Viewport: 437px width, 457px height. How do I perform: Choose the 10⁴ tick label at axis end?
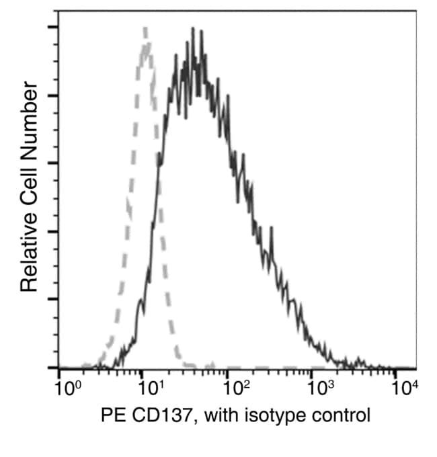[405, 388]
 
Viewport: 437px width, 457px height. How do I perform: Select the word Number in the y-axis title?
[28, 120]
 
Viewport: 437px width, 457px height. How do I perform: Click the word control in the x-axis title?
[340, 415]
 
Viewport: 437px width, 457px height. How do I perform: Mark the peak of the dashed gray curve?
[146, 28]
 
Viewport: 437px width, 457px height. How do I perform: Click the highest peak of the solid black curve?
[193, 28]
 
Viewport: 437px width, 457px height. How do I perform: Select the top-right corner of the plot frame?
[415, 10]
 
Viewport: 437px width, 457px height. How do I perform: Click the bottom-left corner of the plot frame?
[59, 368]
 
